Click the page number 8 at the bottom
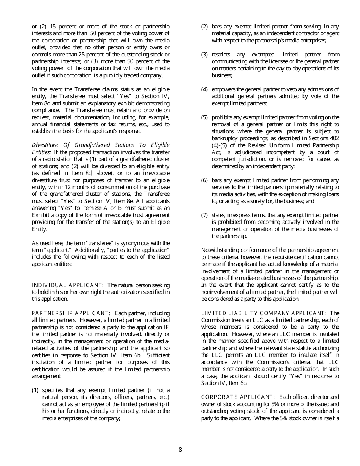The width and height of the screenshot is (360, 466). (180, 450)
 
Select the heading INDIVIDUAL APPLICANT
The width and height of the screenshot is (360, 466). (67, 285)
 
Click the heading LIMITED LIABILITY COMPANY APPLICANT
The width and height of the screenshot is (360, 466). (263, 313)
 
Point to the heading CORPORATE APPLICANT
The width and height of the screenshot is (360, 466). (238, 397)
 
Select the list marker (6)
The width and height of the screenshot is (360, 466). (204, 180)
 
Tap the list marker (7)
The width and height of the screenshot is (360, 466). (204, 215)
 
